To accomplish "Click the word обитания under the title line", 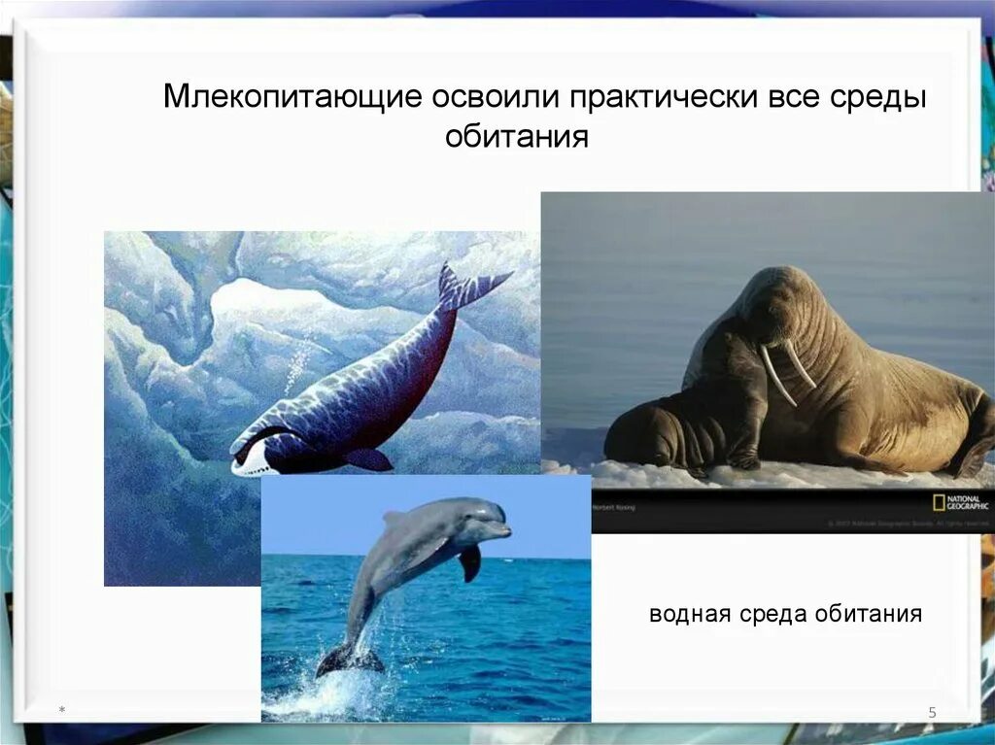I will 517,137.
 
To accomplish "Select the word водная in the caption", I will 692,614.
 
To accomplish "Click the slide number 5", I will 932,714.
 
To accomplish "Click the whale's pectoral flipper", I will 368,458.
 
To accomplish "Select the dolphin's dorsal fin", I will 395,519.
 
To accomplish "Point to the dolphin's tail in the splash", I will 348,660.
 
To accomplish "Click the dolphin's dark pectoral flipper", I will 470,562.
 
